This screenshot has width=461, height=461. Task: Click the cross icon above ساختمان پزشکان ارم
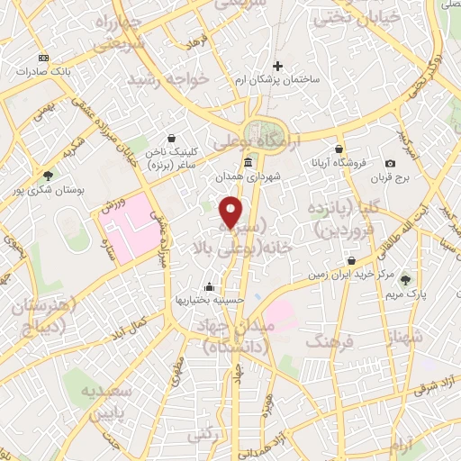point(278,65)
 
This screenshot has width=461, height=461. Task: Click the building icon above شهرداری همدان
point(248,163)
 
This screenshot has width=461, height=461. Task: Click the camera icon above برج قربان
point(390,163)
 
